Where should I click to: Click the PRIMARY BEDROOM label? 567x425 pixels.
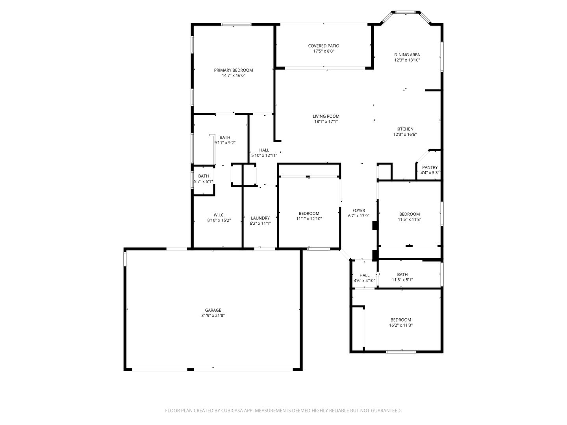[233, 70]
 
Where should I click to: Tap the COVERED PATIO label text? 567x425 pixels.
[324, 46]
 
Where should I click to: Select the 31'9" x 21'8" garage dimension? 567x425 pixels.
[213, 315]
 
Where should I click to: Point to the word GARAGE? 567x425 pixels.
[213, 310]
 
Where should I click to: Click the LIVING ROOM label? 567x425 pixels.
[326, 116]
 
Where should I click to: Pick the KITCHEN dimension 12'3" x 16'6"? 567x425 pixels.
[405, 135]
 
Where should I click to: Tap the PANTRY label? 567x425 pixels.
[430, 168]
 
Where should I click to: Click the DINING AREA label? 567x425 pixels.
[407, 55]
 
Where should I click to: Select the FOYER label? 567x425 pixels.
[359, 211]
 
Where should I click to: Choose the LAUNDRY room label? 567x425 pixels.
[260, 218]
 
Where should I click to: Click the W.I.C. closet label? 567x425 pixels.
[219, 215]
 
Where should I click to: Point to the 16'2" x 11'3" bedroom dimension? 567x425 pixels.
[401, 325]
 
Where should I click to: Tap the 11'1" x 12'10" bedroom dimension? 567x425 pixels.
[309, 219]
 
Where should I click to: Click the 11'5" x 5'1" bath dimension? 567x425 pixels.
[402, 280]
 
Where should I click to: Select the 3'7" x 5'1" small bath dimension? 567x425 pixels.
[204, 181]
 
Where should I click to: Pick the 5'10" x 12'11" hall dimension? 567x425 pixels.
[264, 155]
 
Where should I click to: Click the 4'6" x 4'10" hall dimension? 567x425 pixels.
[365, 281]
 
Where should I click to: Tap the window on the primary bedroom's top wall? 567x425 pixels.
[236, 24]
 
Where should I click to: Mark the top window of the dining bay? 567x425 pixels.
[406, 12]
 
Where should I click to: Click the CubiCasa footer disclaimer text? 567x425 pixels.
[283, 410]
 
